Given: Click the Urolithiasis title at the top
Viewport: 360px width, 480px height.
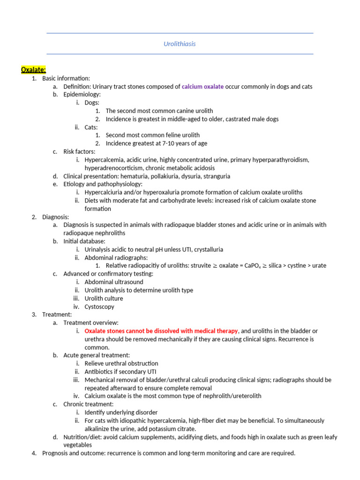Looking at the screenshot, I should (180, 44).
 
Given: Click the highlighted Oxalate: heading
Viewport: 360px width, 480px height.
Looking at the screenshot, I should (33, 70).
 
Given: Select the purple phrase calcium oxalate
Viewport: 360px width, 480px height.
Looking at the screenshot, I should (202, 87).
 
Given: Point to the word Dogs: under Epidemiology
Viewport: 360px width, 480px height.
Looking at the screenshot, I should (92, 103).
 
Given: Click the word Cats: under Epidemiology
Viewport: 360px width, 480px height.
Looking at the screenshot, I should (91, 127).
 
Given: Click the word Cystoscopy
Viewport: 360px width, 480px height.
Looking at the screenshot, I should (99, 307).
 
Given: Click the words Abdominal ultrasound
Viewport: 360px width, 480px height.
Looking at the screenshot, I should (114, 282).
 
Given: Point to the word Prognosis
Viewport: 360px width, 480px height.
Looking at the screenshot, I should (55, 453).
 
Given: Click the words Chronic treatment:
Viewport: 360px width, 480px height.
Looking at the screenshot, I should (89, 404).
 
